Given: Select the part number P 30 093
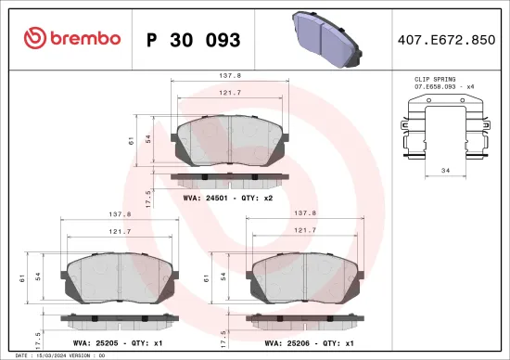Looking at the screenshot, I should pos(194,40).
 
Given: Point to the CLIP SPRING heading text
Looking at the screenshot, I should pos(435,81).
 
